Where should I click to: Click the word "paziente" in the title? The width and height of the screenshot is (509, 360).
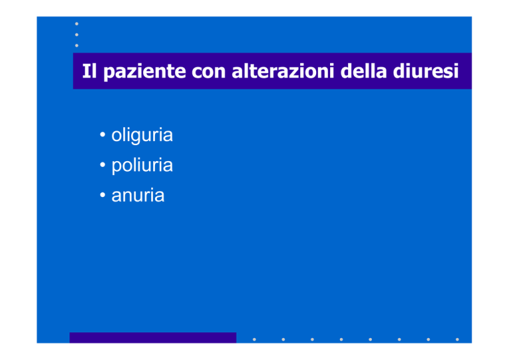[144, 72]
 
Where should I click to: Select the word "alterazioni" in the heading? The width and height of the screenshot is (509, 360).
[282, 71]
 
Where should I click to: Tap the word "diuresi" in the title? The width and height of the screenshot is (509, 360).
[425, 71]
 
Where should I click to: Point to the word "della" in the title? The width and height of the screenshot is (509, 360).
[363, 71]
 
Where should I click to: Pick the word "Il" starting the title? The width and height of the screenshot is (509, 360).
[89, 71]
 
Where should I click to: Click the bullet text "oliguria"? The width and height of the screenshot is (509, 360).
[142, 135]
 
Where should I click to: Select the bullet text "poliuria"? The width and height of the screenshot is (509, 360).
[142, 166]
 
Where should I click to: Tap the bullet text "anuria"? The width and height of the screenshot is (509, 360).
[138, 196]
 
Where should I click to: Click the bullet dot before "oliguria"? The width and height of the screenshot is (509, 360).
[103, 135]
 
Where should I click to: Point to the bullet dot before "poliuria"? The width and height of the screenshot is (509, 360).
[103, 164]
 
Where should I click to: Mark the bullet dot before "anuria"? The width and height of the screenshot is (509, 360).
[103, 195]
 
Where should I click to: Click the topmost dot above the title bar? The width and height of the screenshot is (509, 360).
[77, 24]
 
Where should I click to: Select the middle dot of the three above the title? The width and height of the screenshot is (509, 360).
[77, 34]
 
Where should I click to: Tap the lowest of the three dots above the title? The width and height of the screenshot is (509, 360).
[77, 46]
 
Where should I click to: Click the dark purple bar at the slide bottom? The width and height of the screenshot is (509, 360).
[153, 337]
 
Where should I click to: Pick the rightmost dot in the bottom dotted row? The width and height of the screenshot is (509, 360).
[457, 339]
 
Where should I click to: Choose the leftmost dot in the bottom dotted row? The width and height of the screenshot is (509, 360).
[254, 339]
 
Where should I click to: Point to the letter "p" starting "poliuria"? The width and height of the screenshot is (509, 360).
[116, 168]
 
